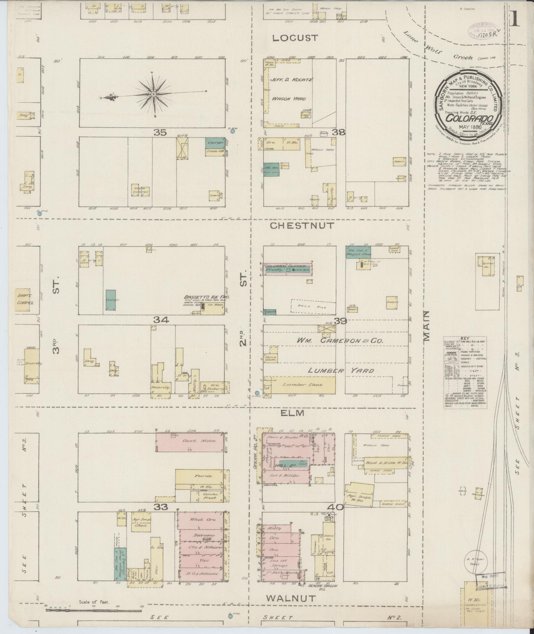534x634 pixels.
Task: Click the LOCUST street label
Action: click(x=295, y=38)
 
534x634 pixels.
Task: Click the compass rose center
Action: click(x=154, y=94)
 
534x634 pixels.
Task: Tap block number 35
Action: click(x=160, y=133)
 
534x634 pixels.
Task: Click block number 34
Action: click(x=161, y=320)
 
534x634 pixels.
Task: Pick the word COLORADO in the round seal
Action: click(x=469, y=118)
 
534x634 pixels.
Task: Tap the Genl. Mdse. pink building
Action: click(x=189, y=442)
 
